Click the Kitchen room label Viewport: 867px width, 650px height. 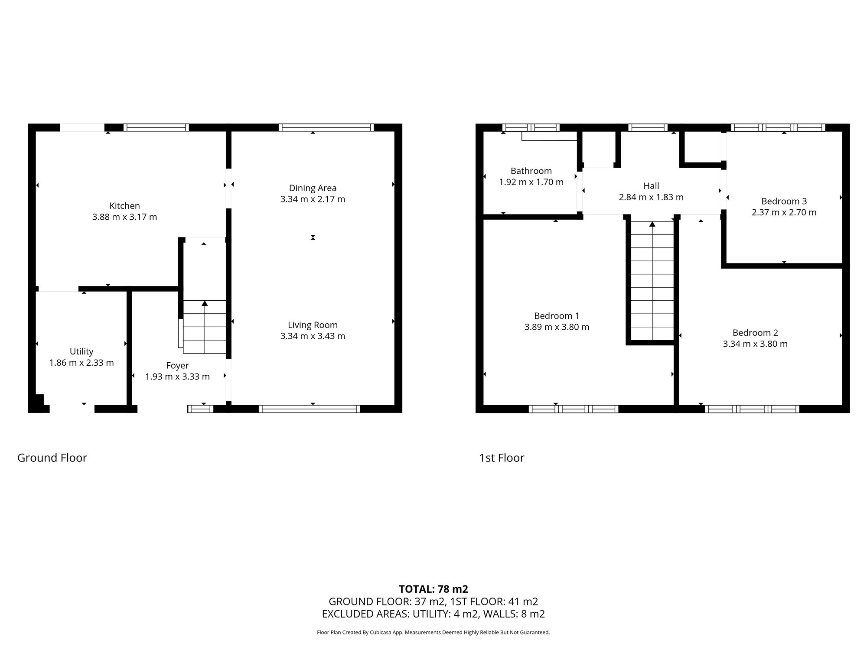point(124,206)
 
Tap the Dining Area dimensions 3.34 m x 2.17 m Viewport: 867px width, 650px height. point(313,199)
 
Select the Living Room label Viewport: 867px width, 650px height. point(313,325)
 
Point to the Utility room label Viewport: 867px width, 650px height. point(81,351)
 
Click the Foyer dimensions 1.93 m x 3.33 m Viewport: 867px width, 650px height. point(177,377)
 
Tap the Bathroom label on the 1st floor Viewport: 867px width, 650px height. point(531,171)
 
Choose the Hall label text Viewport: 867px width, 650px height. point(651,186)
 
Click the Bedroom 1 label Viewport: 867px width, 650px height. point(557,316)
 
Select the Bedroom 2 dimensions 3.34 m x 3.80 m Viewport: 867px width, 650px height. point(755,344)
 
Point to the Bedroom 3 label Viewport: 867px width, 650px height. point(784,201)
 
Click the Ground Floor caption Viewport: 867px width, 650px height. point(52,458)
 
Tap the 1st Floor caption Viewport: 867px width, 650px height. point(502,458)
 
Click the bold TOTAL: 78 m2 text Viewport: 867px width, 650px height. point(433,589)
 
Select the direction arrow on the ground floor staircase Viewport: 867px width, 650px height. point(205,303)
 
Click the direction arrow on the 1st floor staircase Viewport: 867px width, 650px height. point(652,224)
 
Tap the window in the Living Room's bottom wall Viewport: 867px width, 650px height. point(309,409)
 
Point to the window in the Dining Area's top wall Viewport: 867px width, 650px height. point(326,127)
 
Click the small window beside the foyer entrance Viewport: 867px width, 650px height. point(200,409)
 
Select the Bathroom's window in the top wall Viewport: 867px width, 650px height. point(531,127)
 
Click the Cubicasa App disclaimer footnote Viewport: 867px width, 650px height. point(433,632)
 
